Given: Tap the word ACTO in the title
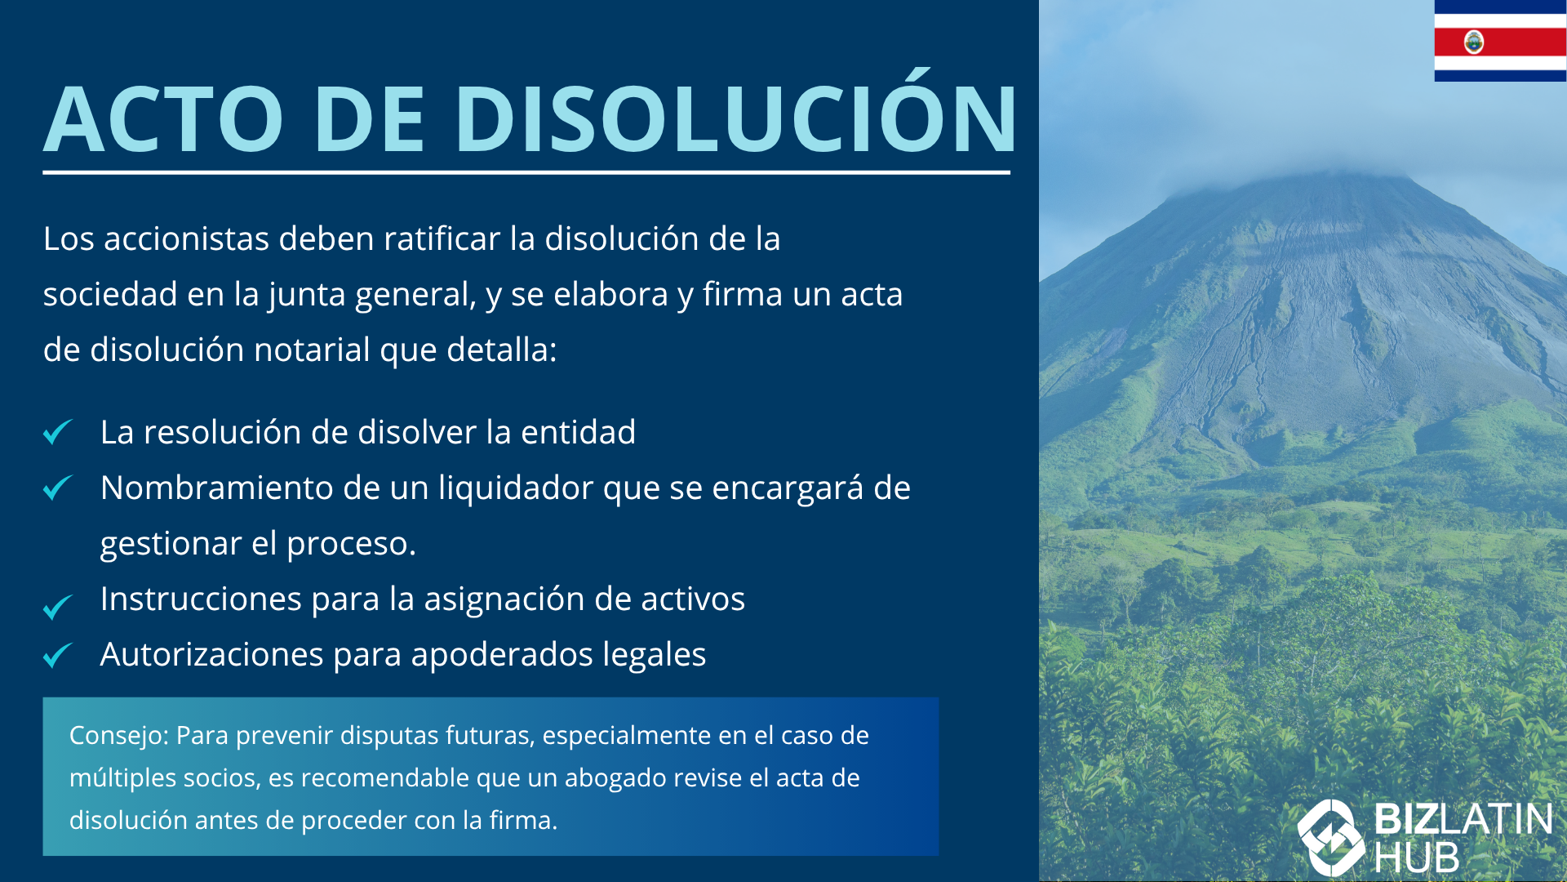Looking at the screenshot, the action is [x=164, y=118].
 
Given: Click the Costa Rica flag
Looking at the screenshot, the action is [x=1500, y=41].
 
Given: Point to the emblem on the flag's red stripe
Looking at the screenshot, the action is [x=1474, y=42].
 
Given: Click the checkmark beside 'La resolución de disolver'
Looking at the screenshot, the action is [x=58, y=431].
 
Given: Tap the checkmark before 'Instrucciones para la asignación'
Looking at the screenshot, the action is [x=58, y=606].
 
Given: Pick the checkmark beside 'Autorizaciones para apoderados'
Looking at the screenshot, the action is [x=58, y=654].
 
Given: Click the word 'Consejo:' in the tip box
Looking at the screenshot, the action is [x=119, y=736].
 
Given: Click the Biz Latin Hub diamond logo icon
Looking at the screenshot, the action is [x=1331, y=838].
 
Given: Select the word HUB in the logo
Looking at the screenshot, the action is [x=1417, y=858].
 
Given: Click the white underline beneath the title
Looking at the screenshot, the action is [x=526, y=172].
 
